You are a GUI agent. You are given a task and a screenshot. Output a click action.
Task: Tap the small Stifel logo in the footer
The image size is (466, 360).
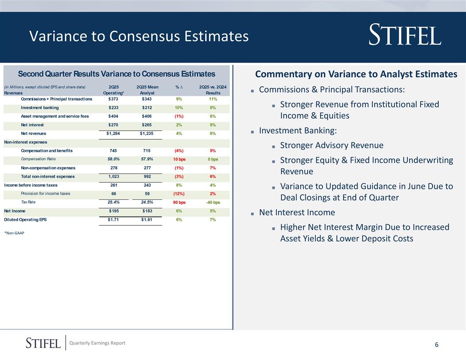pyautogui.click(x=43, y=343)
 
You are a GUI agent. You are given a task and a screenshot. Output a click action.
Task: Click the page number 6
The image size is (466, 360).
pyautogui.click(x=436, y=345)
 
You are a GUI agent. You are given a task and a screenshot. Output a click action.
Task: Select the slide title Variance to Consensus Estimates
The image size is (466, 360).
pyautogui.click(x=139, y=36)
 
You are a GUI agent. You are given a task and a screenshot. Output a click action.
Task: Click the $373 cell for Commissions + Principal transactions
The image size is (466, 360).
pyautogui.click(x=113, y=99)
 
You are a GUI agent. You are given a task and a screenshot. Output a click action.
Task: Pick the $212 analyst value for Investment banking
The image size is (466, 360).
pyautogui.click(x=147, y=108)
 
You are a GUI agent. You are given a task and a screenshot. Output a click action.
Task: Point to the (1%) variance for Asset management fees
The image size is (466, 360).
pyautogui.click(x=179, y=116)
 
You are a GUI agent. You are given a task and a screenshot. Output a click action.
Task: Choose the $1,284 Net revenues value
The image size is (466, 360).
pyautogui.click(x=113, y=133)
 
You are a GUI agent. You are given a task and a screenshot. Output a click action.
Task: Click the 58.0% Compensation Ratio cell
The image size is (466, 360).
pyautogui.click(x=113, y=159)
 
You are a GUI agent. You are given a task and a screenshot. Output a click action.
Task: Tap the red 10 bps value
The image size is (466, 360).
pyautogui.click(x=179, y=159)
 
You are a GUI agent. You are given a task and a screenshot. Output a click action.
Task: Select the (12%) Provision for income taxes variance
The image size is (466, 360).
pyautogui.click(x=179, y=194)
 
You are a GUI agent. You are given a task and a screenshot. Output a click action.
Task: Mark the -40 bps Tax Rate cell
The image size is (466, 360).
pyautogui.click(x=213, y=202)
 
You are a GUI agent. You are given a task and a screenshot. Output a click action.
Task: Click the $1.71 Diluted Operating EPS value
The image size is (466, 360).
pyautogui.click(x=113, y=220)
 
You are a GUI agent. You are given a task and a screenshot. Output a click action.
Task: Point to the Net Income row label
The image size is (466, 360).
pyautogui.click(x=15, y=211)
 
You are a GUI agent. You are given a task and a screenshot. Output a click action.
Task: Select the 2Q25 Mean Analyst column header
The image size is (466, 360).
pyautogui.click(x=147, y=90)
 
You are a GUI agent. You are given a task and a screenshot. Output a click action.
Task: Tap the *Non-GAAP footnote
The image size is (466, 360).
pyautogui.click(x=14, y=233)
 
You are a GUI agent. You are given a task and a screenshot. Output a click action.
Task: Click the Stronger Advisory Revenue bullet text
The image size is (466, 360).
pyautogui.click(x=331, y=145)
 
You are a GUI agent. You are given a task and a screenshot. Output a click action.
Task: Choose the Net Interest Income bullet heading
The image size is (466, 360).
pyautogui.click(x=297, y=212)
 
